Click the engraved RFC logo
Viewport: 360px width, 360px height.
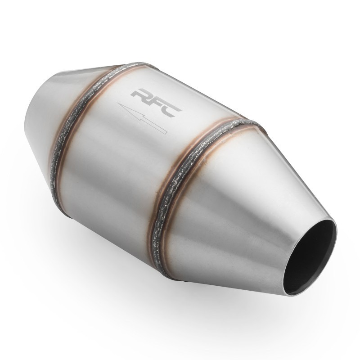pos(156,103)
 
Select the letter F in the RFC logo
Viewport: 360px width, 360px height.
pos(157,103)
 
